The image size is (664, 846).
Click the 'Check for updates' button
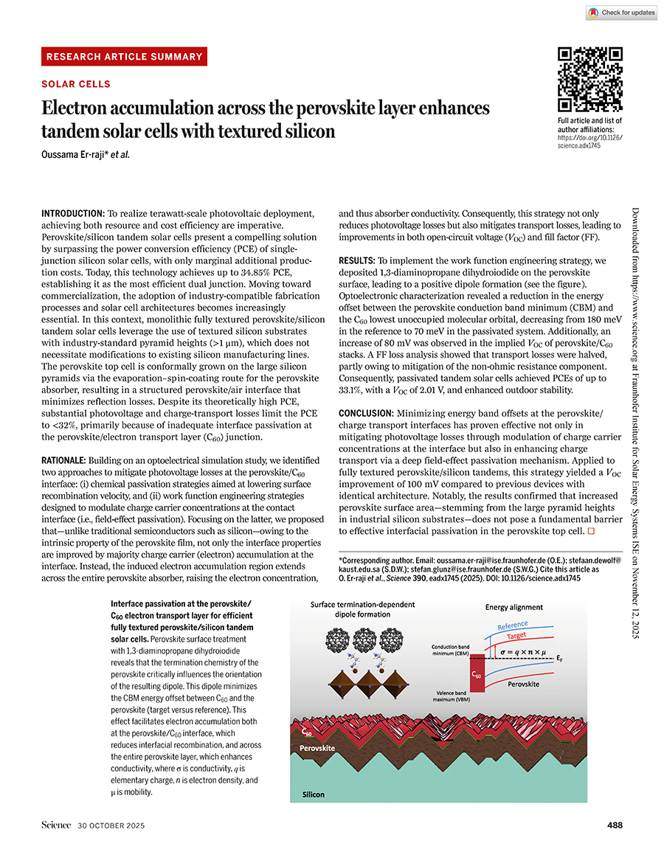click(x=621, y=13)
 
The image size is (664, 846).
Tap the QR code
click(x=589, y=80)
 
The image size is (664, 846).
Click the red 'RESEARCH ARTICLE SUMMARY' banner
click(x=124, y=57)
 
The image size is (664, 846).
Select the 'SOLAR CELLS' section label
click(x=76, y=85)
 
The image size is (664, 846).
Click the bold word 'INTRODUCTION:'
click(x=73, y=213)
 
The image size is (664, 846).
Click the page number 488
click(x=614, y=825)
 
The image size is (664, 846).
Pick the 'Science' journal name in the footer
click(x=56, y=825)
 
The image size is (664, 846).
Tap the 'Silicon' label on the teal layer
click(x=313, y=794)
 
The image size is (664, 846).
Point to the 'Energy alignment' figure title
click(x=513, y=607)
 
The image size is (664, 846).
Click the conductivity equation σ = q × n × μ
click(x=519, y=651)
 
